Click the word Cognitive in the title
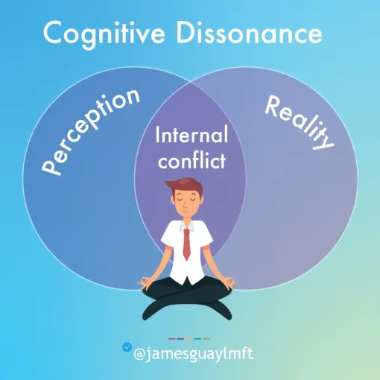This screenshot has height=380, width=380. pyautogui.click(x=104, y=34)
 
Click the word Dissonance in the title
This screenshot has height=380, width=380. pyautogui.click(x=249, y=33)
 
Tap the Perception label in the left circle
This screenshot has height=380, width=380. pyautogui.click(x=91, y=132)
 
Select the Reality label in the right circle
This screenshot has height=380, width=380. pyautogui.click(x=300, y=122)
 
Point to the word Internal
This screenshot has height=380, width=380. pyautogui.click(x=191, y=134)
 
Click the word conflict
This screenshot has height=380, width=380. pyautogui.click(x=191, y=160)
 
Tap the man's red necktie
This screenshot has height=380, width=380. pyautogui.click(x=187, y=244)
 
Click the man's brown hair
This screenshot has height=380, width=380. pyautogui.click(x=185, y=186)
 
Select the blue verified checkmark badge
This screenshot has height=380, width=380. pyautogui.click(x=127, y=347)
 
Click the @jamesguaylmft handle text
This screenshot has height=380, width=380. pyautogui.click(x=194, y=354)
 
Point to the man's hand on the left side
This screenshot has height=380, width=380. pyautogui.click(x=144, y=283)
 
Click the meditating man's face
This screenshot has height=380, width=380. pyautogui.click(x=186, y=203)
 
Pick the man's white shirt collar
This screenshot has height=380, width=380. pyautogui.click(x=187, y=225)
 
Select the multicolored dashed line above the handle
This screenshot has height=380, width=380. pyautogui.click(x=189, y=338)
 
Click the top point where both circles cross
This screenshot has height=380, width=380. pyautogui.click(x=190, y=81)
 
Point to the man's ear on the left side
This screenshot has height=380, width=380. pyautogui.click(x=173, y=200)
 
